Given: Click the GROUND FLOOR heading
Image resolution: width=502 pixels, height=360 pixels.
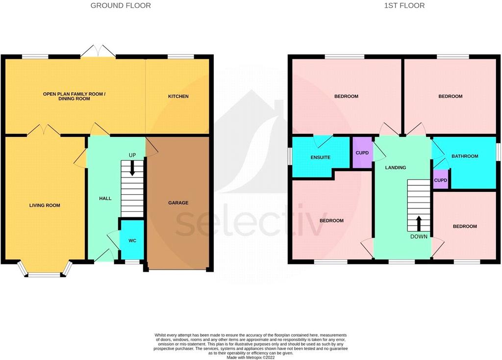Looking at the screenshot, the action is coord(121,5).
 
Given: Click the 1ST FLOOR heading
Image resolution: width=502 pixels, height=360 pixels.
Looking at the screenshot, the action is coord(404,5).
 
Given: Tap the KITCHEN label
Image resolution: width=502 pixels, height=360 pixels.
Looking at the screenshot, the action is coord(178,96).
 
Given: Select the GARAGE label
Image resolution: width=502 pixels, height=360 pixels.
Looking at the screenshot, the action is coord(178,203).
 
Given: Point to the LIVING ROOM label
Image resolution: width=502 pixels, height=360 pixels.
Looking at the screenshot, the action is coord(45,206).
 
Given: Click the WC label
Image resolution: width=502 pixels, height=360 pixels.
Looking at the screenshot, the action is coord(132,240).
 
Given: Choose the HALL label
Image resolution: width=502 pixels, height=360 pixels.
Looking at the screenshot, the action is coord(105,199).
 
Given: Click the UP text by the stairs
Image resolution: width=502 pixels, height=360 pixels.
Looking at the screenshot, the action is coord(132,155).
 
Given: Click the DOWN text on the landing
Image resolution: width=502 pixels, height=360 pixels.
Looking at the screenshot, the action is coord(419,237).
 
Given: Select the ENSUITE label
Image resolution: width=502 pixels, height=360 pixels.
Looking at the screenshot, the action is coord(321,157).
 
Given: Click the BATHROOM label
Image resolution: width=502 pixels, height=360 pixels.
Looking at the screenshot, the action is coord(465,156).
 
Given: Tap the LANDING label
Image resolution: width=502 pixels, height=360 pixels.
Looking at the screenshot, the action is coord(396,168).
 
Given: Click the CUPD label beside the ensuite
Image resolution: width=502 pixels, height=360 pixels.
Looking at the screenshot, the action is coord(362,153).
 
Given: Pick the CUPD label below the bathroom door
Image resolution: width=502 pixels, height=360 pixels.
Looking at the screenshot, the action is coord(441,180).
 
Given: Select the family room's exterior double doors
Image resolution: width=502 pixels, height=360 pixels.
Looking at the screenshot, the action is coord(98,51).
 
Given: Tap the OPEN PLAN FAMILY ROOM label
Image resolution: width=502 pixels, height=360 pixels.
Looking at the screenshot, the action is coord(75,94).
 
